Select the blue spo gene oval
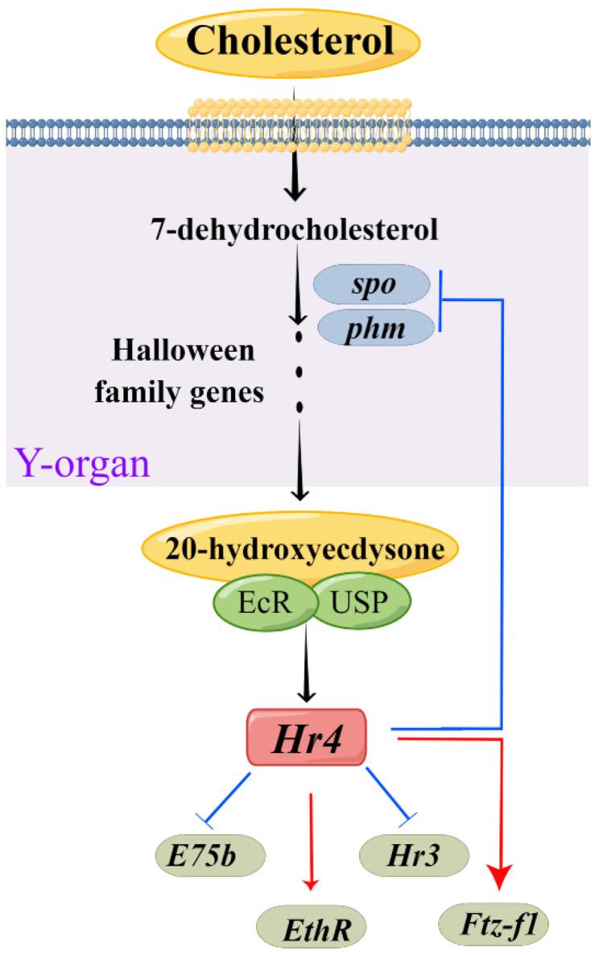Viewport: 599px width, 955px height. coord(371,286)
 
